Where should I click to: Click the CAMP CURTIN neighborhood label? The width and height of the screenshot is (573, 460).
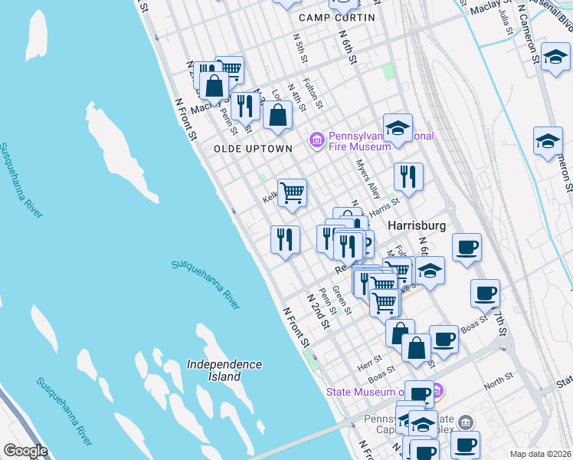click(337, 18)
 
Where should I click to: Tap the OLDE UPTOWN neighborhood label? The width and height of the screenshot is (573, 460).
click(253, 148)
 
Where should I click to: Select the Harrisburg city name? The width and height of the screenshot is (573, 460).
click(417, 226)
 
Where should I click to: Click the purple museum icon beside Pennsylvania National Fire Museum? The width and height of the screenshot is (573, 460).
click(316, 140)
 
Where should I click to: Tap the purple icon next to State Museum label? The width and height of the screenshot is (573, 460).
click(437, 391)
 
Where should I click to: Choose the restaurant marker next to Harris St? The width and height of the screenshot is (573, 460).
click(408, 178)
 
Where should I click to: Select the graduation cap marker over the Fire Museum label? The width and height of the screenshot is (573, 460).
click(398, 127)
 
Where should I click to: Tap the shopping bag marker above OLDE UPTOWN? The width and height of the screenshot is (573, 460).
click(277, 117)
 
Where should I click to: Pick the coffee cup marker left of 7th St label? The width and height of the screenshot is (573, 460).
click(485, 294)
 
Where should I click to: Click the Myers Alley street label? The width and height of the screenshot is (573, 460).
click(368, 178)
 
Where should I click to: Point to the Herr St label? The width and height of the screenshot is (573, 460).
click(370, 359)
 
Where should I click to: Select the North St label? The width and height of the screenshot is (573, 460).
click(498, 378)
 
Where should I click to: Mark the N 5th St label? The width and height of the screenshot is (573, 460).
click(300, 48)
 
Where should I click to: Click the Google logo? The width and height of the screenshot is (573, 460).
click(25, 451)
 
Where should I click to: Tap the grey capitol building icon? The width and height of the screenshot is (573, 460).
click(467, 422)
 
